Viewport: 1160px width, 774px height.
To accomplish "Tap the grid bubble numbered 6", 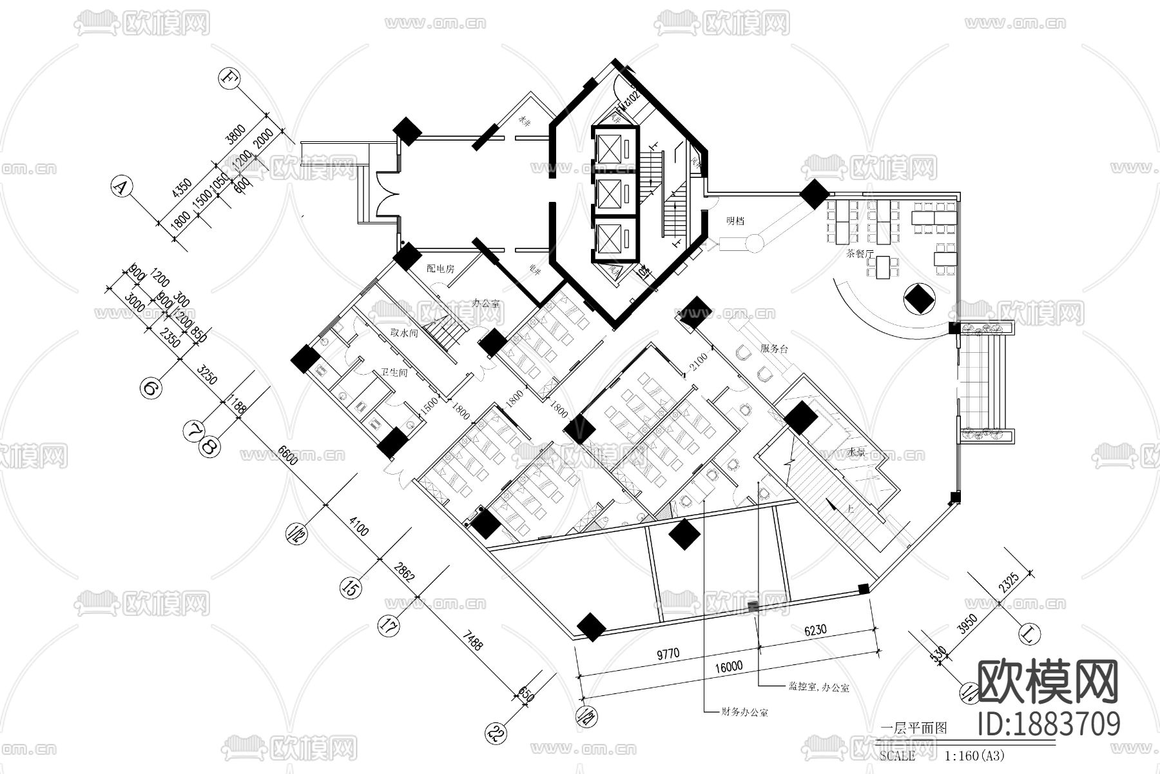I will (x=150, y=388).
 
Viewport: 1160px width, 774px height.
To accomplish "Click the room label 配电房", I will (x=440, y=268).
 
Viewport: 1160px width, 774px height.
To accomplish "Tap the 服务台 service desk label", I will (x=774, y=349).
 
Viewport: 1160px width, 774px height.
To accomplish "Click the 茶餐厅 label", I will (x=860, y=253).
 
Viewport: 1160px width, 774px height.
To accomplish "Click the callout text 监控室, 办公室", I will (x=818, y=688).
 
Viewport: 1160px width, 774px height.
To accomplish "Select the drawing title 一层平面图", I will (x=913, y=728).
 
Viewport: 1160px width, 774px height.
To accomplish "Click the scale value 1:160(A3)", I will (x=974, y=755).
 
